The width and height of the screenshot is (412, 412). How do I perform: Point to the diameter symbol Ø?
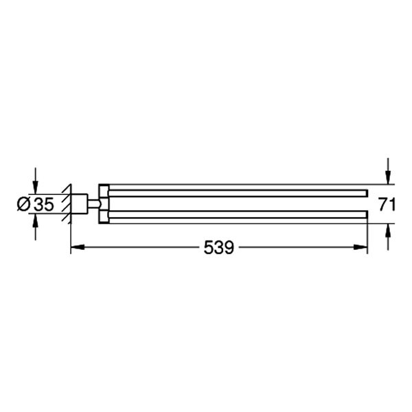click(22, 204)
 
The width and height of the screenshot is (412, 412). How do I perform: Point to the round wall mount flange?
click(79, 203)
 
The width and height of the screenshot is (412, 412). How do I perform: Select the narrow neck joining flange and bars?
click(93, 203)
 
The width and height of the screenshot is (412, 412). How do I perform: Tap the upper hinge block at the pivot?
click(104, 191)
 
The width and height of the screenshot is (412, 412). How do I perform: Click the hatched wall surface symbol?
click(67, 203)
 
